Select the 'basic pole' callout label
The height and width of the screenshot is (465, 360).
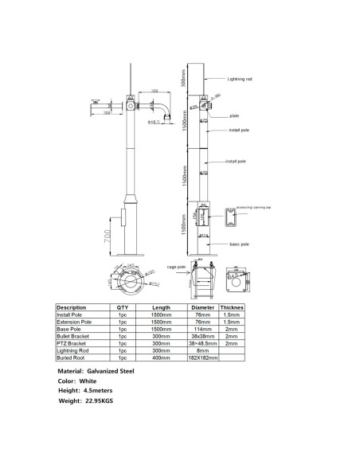240,244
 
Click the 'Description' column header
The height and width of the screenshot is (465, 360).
72,307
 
